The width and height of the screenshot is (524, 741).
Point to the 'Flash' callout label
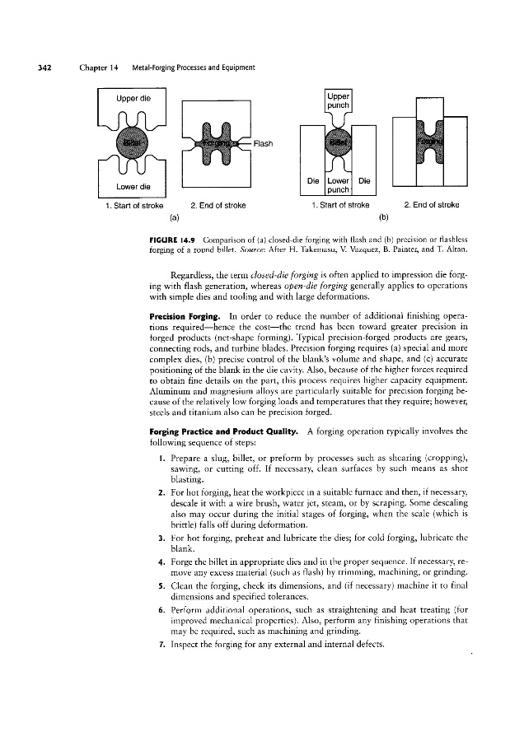point(264,142)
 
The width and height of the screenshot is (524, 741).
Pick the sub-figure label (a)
point(174,218)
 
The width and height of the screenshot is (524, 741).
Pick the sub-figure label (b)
point(382,218)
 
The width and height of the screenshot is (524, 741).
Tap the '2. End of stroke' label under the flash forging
point(219,205)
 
